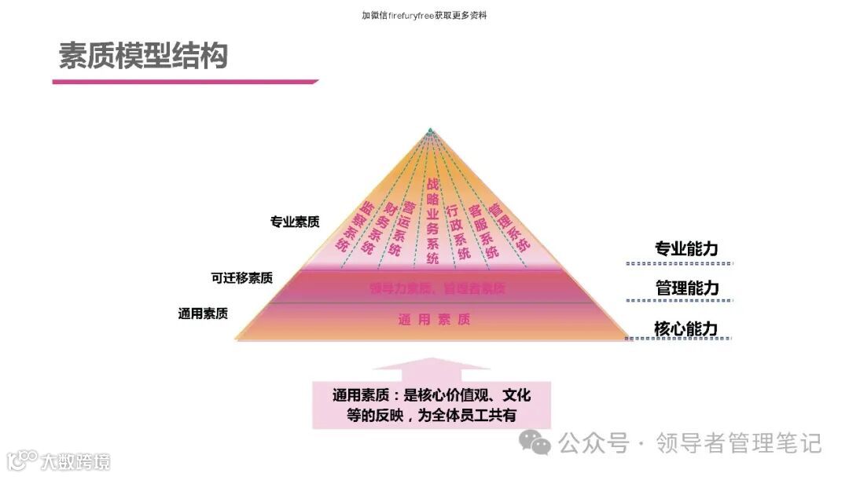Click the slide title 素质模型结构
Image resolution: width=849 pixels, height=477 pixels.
(x=143, y=56)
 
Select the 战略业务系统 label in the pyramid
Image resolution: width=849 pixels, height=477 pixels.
(x=432, y=220)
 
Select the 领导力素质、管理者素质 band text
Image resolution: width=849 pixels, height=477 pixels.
(x=437, y=288)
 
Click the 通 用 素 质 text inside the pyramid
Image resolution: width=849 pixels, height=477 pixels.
(x=434, y=319)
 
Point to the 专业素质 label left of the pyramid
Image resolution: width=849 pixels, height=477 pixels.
(x=295, y=222)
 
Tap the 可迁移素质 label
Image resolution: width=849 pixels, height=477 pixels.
(x=242, y=277)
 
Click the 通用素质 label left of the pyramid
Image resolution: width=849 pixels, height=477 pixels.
(x=203, y=314)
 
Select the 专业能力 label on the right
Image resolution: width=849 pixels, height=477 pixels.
(x=686, y=249)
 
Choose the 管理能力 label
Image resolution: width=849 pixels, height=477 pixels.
(x=686, y=288)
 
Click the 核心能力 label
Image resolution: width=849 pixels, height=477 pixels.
(x=686, y=328)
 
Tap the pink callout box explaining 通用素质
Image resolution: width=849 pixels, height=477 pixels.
(x=432, y=404)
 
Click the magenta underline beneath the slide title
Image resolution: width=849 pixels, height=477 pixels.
(x=185, y=81)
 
